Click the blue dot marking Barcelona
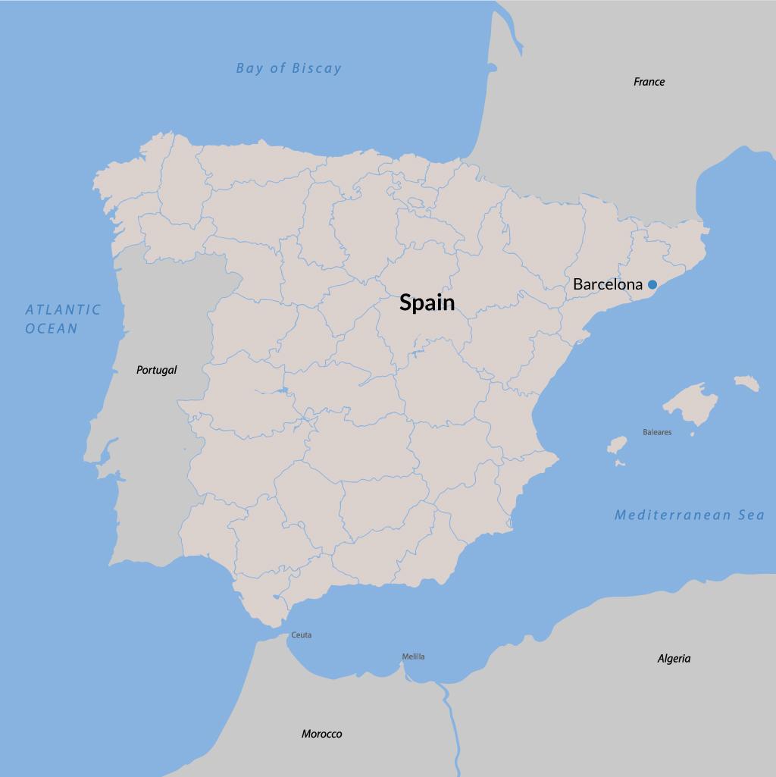click(x=652, y=284)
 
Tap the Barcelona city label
click(x=607, y=284)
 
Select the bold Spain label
click(x=427, y=302)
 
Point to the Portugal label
click(x=156, y=370)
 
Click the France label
click(x=649, y=82)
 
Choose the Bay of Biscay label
click(x=289, y=68)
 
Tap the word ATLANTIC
click(x=63, y=309)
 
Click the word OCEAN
click(x=52, y=328)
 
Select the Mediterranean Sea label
click(x=689, y=515)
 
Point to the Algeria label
click(x=674, y=659)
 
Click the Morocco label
click(x=321, y=734)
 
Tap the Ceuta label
click(x=301, y=635)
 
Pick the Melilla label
click(x=413, y=656)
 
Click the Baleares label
click(x=657, y=433)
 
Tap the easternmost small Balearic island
click(x=746, y=383)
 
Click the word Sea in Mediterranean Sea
click(x=750, y=515)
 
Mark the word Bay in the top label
click(x=249, y=68)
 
